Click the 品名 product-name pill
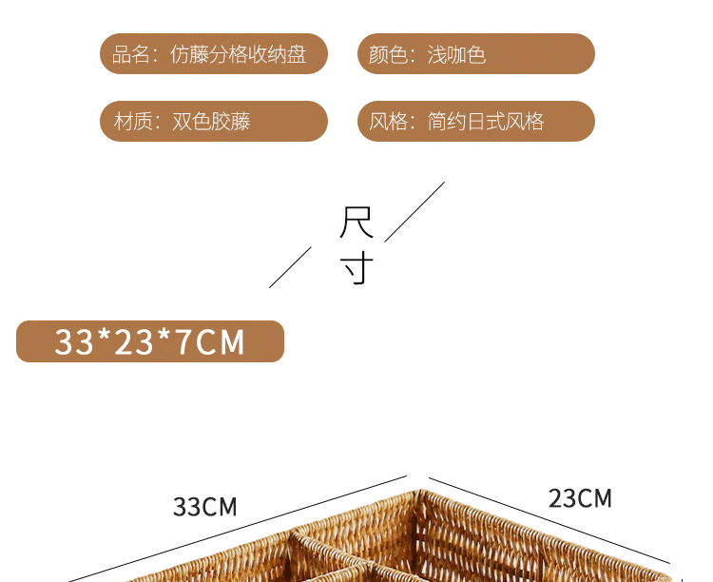tap(214, 54)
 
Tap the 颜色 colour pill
tap(475, 54)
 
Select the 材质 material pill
tap(214, 122)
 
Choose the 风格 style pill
tap(475, 122)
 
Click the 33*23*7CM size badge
tap(150, 341)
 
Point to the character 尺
tap(356, 223)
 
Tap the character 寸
tap(356, 268)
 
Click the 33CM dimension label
tap(204, 507)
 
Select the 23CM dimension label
tap(580, 497)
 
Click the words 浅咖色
tap(456, 54)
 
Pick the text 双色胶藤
tap(211, 122)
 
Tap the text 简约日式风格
tap(486, 122)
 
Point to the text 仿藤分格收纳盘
tap(238, 54)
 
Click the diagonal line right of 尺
tap(414, 211)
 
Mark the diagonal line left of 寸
tap(290, 266)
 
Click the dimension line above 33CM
tap(238, 528)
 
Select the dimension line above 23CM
tap(549, 520)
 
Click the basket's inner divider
tap(323, 552)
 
